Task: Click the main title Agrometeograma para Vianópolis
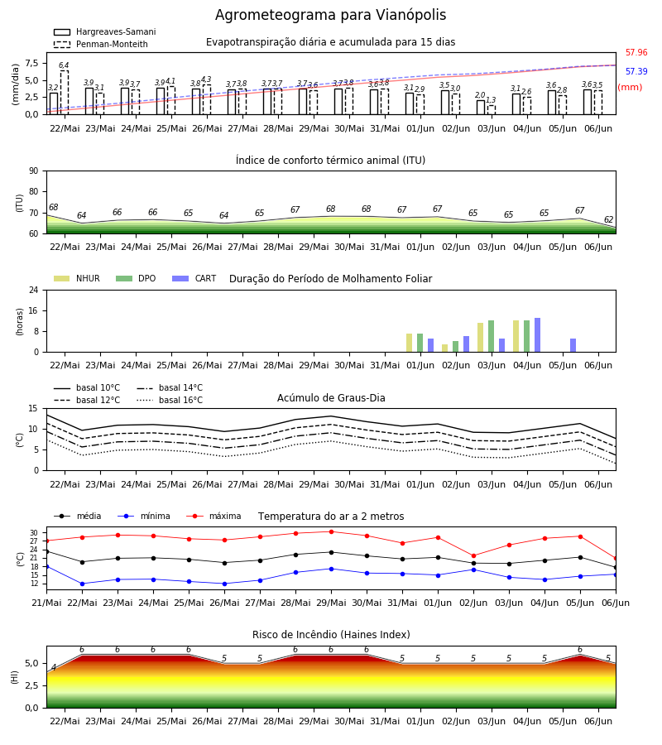pos(330,15)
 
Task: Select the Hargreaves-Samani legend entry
pos(104,31)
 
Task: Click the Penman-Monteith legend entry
pos(101,44)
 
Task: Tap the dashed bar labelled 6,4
pos(64,93)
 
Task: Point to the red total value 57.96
pos(636,52)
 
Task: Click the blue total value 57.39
pos(636,71)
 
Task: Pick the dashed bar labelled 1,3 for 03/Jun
pos(491,110)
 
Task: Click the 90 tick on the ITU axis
pos(34,171)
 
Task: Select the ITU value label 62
pos(608,219)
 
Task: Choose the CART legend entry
pos(194,278)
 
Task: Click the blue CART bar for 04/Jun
pos(537,335)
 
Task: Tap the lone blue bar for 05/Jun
pos(573,345)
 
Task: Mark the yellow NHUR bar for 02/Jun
pos(445,348)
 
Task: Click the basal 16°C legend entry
pos(170,400)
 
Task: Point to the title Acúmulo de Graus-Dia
pos(331,398)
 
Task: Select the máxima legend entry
pos(213,516)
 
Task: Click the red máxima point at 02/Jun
pos(473,555)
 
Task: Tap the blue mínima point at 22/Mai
pos(82,584)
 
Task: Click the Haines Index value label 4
pos(54,667)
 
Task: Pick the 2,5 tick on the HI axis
pos(31,685)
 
